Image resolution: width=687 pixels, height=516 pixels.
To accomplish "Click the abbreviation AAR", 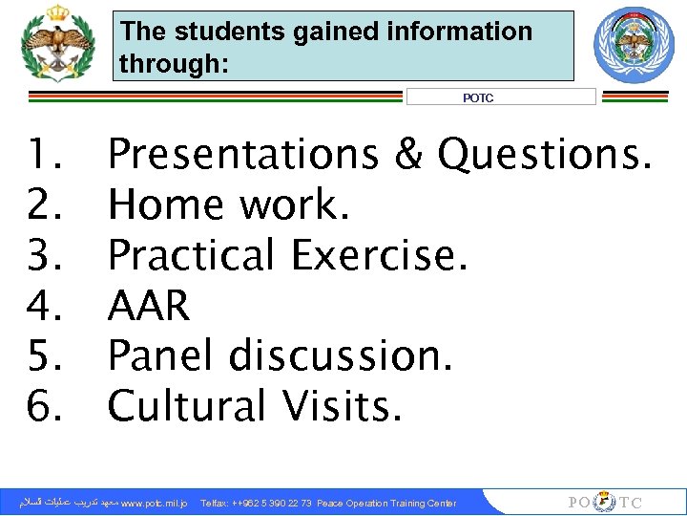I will pyautogui.click(x=149, y=306).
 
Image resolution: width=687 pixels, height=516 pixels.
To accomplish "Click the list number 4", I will pyautogui.click(x=44, y=306).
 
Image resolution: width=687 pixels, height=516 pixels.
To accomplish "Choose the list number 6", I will pyautogui.click(x=44, y=406).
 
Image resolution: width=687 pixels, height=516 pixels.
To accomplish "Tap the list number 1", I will pyautogui.click(x=44, y=155).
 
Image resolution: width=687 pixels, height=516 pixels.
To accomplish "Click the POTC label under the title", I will pyautogui.click(x=478, y=97).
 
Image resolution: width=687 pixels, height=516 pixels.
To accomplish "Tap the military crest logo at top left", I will pyautogui.click(x=58, y=45).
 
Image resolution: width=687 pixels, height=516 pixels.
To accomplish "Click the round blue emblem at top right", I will pyautogui.click(x=633, y=45).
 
